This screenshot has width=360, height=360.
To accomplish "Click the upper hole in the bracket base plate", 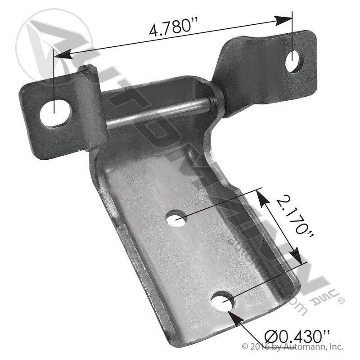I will (x=176, y=219).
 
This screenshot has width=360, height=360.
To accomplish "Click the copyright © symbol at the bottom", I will (x=245, y=347).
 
